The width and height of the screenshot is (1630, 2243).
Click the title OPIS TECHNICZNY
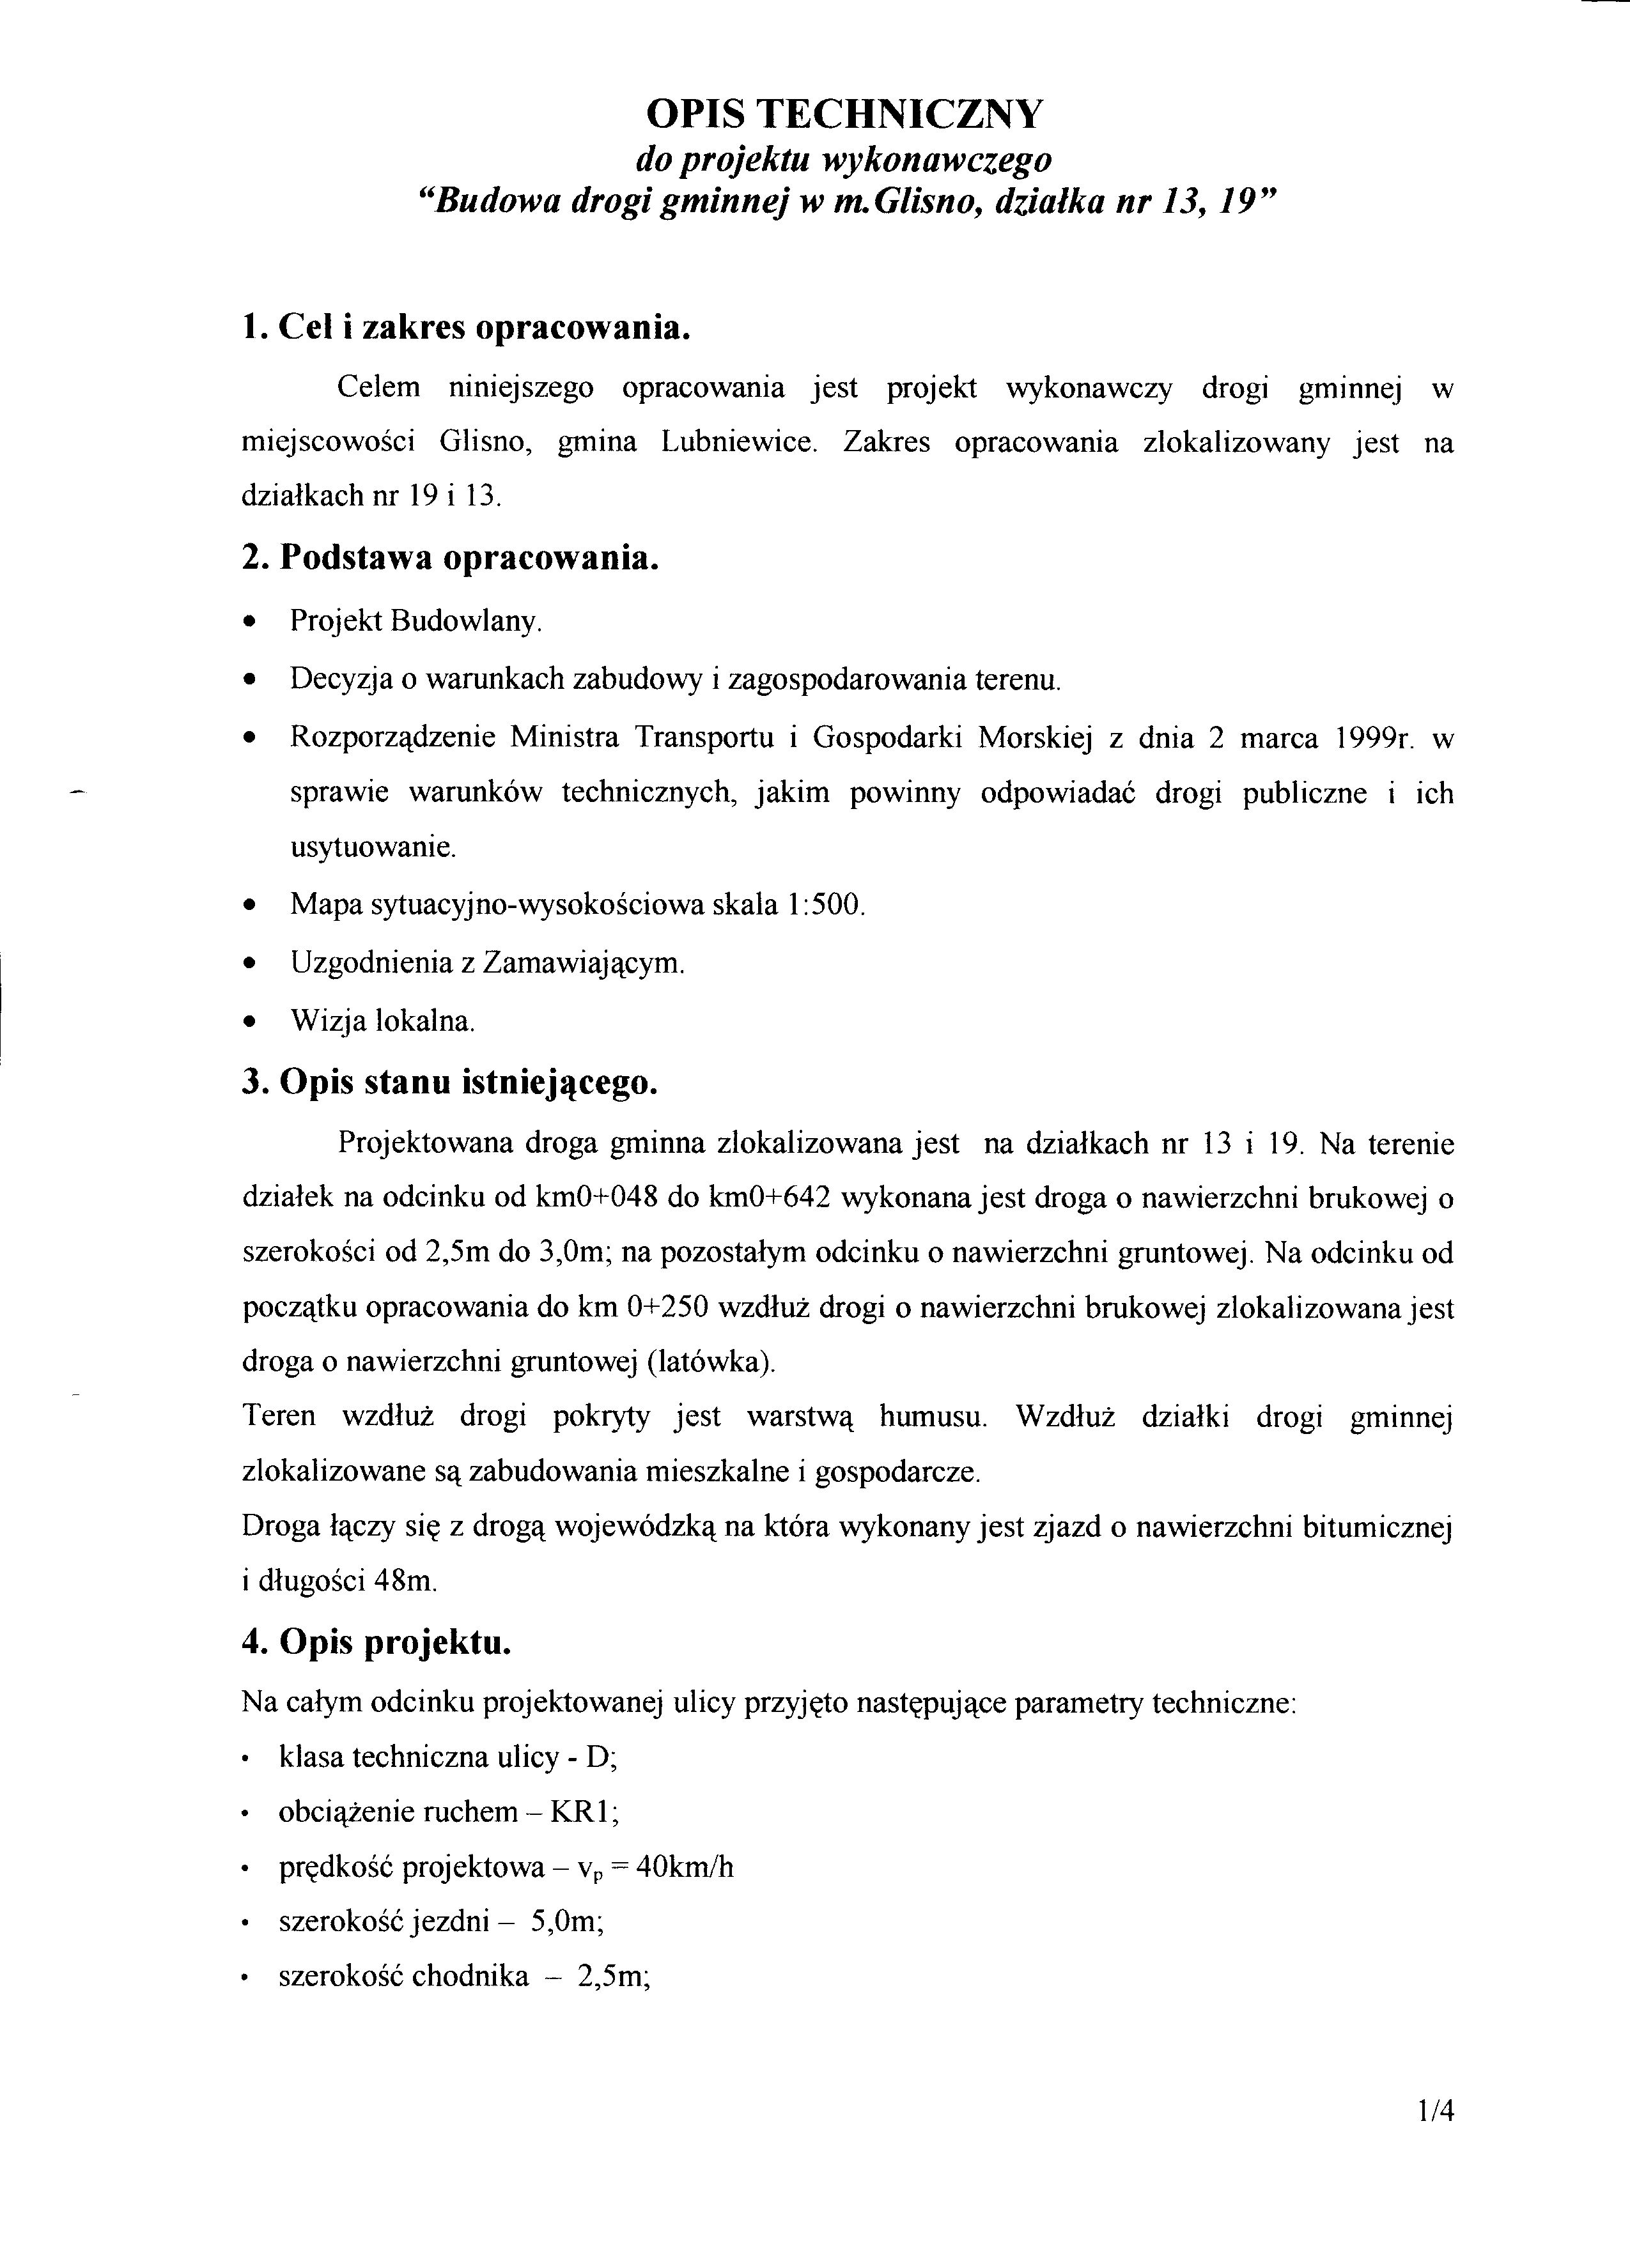click(844, 115)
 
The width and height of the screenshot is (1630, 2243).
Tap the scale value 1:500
click(827, 904)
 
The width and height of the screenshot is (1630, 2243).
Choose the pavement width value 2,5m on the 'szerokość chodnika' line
click(611, 1976)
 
